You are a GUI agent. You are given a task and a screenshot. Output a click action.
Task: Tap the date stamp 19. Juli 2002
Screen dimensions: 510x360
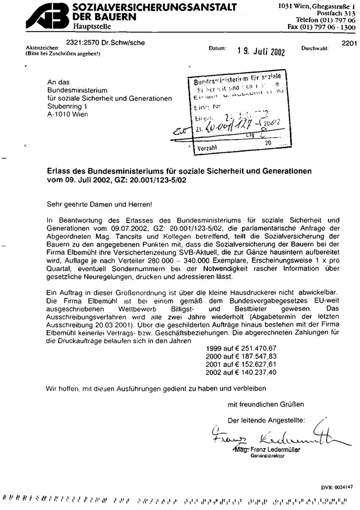tap(261, 51)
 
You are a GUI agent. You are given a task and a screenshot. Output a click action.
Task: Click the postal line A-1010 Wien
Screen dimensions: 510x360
tap(67, 114)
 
